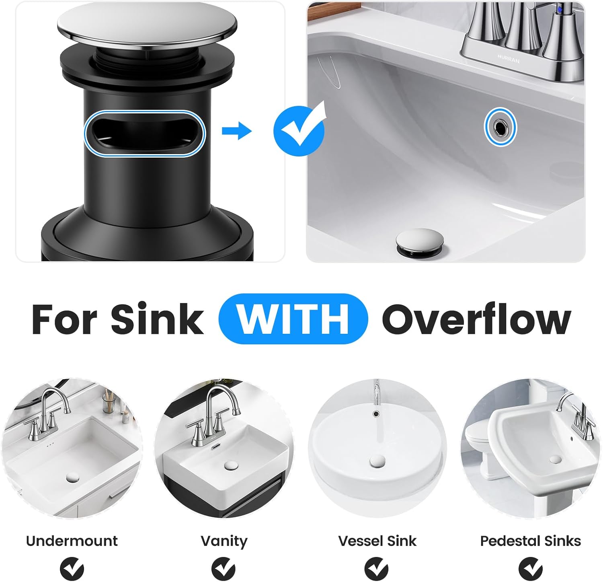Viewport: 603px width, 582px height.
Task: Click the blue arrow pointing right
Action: tap(237, 131)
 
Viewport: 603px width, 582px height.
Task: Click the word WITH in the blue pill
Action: tap(293, 319)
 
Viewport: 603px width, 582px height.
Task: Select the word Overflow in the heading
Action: tap(476, 319)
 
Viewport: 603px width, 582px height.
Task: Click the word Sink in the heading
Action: tap(157, 319)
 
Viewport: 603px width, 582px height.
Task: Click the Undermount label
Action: tap(72, 541)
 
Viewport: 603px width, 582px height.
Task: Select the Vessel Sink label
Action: tap(377, 541)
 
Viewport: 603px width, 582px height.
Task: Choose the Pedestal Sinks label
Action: tap(530, 541)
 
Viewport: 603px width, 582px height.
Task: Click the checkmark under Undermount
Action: tap(72, 568)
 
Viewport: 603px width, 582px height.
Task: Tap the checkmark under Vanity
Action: tap(224, 568)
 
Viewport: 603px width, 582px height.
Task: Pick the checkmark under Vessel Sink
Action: tap(377, 568)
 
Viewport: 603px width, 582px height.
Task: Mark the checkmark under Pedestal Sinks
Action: tap(531, 568)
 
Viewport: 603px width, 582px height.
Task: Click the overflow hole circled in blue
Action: tap(500, 128)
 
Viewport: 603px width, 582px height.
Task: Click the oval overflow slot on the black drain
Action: tap(145, 133)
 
